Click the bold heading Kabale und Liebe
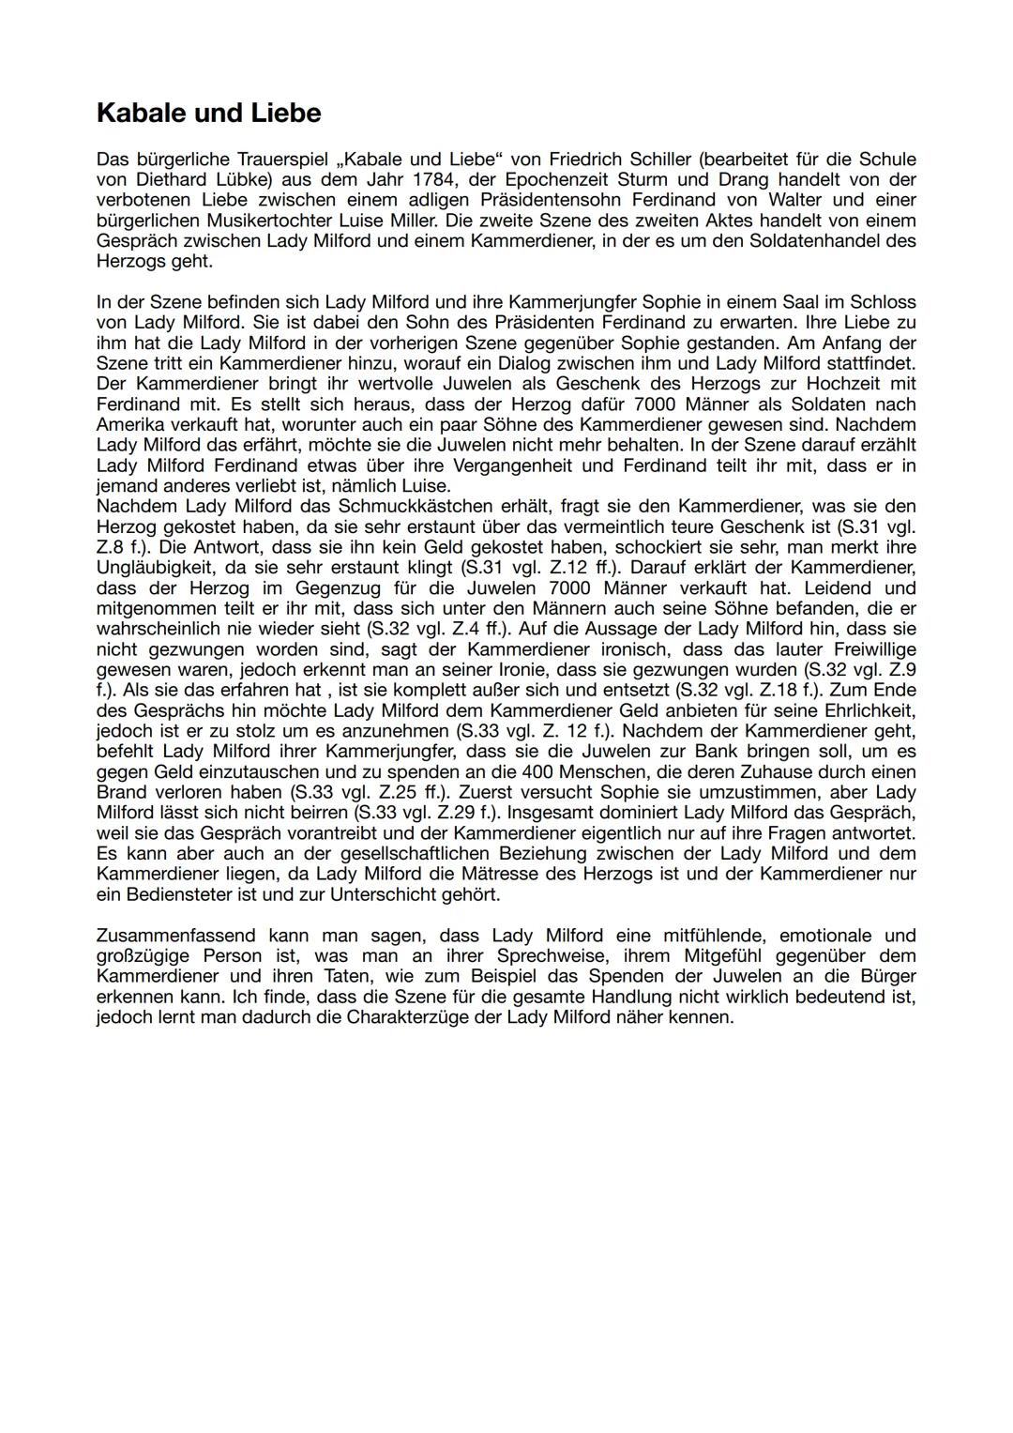click(208, 114)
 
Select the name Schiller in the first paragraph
click(657, 159)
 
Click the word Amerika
click(130, 424)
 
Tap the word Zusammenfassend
click(174, 936)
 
